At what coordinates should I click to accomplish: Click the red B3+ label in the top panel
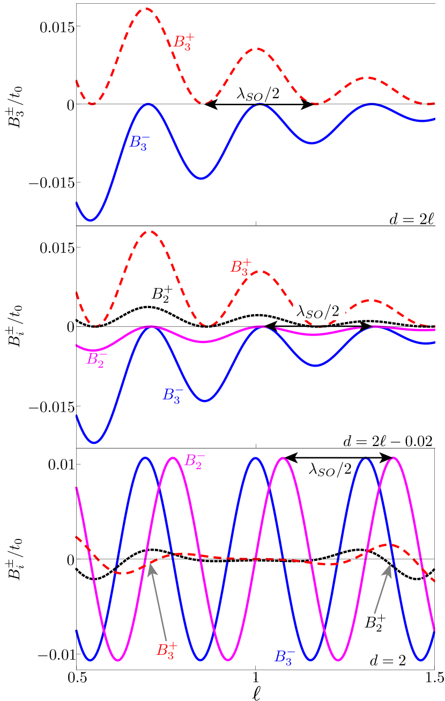(x=183, y=42)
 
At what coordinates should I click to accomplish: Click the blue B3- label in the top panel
(x=139, y=143)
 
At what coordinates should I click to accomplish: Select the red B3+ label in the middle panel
(x=241, y=267)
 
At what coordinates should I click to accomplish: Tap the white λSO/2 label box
(x=319, y=311)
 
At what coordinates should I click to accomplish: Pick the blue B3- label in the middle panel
(x=173, y=395)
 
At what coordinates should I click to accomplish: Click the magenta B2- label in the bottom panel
(x=194, y=461)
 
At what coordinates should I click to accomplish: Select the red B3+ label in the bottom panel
(x=166, y=650)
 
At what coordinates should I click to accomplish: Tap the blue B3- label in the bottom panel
(x=285, y=656)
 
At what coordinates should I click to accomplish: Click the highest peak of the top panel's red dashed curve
(x=145, y=9)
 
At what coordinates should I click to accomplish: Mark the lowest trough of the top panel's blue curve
(x=91, y=220)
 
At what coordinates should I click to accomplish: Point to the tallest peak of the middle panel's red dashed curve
(x=151, y=231)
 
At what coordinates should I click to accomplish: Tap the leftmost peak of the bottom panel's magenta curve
(x=173, y=458)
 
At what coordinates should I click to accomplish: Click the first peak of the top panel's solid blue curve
(x=148, y=104)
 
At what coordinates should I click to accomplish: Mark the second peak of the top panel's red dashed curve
(x=258, y=49)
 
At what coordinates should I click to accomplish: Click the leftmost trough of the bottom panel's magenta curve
(x=117, y=660)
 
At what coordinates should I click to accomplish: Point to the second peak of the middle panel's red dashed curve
(x=259, y=272)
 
